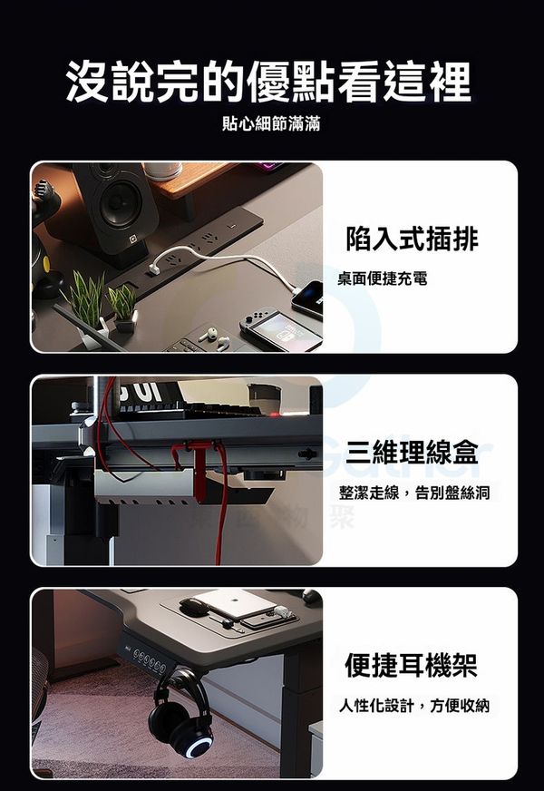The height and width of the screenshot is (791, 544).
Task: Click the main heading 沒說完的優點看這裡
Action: [268, 81]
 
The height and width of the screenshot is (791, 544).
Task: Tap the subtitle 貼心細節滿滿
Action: [271, 123]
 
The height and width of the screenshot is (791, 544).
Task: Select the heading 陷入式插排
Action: [412, 239]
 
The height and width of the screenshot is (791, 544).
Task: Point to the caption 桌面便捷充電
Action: [383, 278]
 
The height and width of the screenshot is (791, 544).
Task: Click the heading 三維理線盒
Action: [412, 452]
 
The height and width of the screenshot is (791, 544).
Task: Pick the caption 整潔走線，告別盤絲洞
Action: [414, 493]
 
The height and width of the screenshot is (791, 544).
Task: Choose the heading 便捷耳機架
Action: [411, 664]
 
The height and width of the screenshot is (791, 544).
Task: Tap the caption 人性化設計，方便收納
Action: [414, 705]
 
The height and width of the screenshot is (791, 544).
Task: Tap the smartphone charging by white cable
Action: [307, 299]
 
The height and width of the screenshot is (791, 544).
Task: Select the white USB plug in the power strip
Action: [154, 268]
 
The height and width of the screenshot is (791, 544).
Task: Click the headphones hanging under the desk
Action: [178, 712]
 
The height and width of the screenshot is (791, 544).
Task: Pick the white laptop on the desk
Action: [235, 604]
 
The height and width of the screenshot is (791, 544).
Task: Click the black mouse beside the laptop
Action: [194, 606]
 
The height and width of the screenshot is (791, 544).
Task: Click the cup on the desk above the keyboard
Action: [264, 398]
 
